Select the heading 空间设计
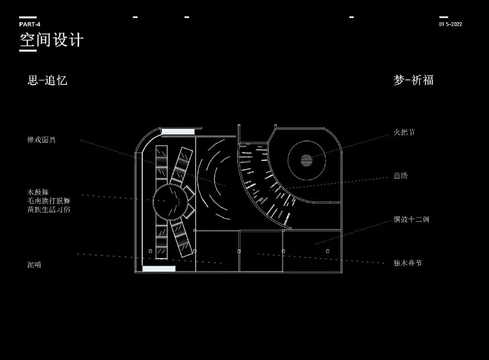(52, 40)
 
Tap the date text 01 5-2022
(450, 24)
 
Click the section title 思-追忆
(48, 81)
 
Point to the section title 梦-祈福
(413, 80)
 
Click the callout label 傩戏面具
(42, 140)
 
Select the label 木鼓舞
(38, 192)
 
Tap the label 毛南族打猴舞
(49, 201)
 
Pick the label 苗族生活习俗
(49, 210)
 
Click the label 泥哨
(34, 265)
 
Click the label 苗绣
(400, 176)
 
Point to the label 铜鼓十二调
(411, 220)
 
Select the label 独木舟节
(407, 263)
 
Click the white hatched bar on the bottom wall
(158, 269)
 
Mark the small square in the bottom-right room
(327, 250)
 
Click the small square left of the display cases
(150, 251)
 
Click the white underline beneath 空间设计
(28, 50)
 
